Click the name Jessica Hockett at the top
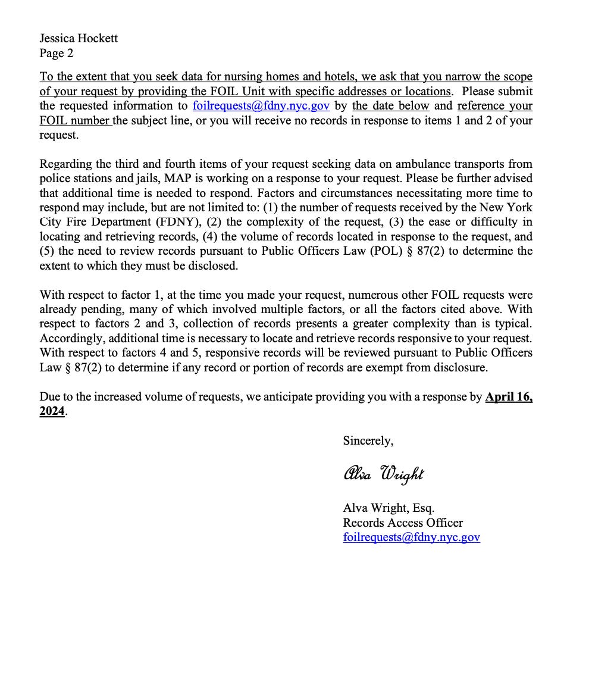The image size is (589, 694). pos(79,38)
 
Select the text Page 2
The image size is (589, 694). pos(57,53)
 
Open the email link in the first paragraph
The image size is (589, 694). pos(261,106)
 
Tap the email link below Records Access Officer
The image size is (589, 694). pos(411,537)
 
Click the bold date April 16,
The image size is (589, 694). pos(509,396)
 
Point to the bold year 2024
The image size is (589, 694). pos(52,411)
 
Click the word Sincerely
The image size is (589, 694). pos(368,440)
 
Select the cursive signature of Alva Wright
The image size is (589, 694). pos(384,474)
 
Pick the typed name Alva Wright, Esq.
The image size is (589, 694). pos(389,508)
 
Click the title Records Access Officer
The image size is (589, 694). pos(402,523)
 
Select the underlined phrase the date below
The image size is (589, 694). pos(390,106)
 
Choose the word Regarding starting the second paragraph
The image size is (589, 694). pos(65,164)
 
